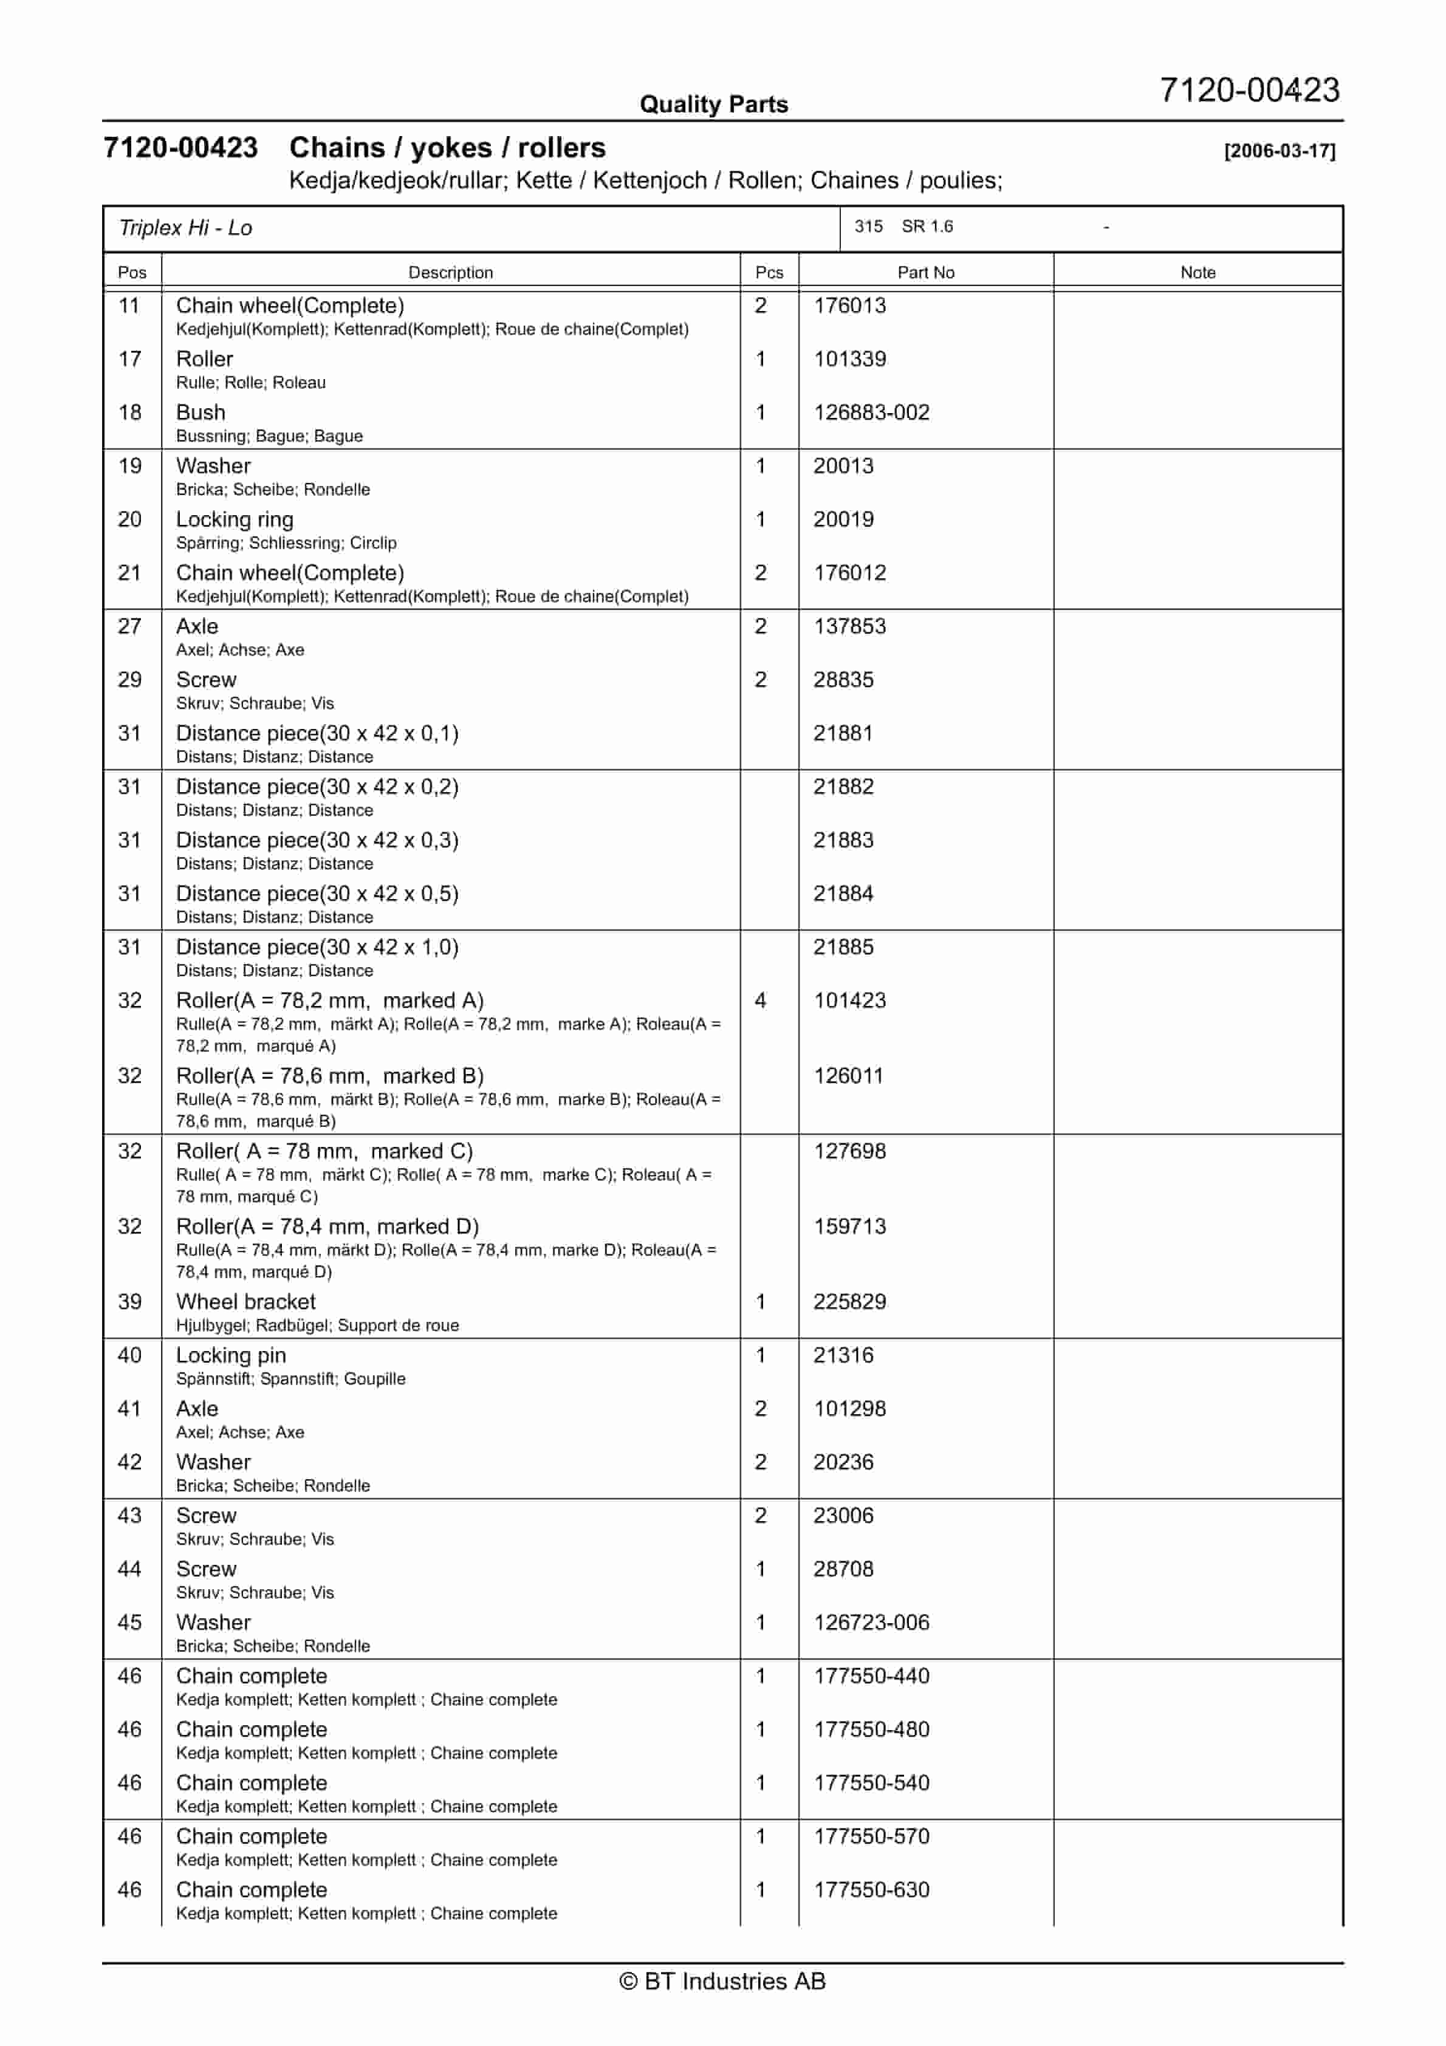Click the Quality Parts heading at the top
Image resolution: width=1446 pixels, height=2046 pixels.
[713, 104]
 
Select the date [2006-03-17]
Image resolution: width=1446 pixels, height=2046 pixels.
[1280, 151]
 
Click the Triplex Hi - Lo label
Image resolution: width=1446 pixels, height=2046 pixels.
[185, 228]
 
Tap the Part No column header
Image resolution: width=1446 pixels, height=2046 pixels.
[925, 273]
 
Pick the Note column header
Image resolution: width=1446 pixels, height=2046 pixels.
[1198, 273]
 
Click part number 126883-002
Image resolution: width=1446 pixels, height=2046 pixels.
[871, 412]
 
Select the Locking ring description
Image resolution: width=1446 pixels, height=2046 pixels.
[235, 519]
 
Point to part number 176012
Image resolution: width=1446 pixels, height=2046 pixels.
[849, 573]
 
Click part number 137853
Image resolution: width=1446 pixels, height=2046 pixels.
[849, 626]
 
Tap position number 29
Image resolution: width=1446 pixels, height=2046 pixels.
[130, 680]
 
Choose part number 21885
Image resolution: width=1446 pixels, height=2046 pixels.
[843, 947]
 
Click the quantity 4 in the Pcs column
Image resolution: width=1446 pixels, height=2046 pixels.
[761, 1001]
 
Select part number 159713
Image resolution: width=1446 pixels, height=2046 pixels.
[849, 1226]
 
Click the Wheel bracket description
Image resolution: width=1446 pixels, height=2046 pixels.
[246, 1302]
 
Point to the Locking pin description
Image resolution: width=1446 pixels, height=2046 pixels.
[231, 1355]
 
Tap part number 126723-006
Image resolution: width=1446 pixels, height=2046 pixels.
[871, 1623]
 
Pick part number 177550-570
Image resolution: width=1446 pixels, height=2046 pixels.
[871, 1836]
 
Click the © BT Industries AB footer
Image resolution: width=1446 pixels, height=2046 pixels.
[722, 1981]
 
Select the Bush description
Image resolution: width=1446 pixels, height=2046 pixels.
[200, 412]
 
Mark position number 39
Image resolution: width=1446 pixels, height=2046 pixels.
[130, 1302]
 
